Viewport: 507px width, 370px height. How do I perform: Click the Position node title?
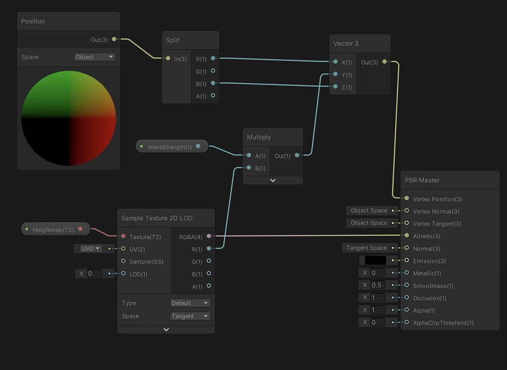click(33, 21)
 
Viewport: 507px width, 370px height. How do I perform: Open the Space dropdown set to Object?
click(95, 57)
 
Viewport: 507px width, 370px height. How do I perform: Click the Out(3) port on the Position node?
click(114, 39)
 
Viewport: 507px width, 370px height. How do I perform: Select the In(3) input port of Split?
click(168, 59)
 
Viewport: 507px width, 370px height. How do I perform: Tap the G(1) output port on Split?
click(213, 71)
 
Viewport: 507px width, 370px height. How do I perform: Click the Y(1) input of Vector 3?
click(336, 75)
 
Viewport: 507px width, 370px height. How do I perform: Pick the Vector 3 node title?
click(346, 44)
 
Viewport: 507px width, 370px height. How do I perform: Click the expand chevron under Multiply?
click(272, 180)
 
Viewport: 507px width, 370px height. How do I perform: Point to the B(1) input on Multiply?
click(249, 168)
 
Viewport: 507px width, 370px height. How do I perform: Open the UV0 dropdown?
click(91, 249)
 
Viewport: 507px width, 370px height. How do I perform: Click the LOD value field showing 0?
click(94, 273)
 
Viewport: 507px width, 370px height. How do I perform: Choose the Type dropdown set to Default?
click(190, 303)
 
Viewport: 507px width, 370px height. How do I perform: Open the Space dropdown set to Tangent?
click(190, 316)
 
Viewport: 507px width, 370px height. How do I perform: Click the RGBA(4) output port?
click(209, 237)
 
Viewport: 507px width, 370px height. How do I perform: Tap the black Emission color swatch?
click(375, 261)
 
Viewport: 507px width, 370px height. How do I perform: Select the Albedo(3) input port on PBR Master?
click(406, 236)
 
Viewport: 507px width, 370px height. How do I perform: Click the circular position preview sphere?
click(68, 118)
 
